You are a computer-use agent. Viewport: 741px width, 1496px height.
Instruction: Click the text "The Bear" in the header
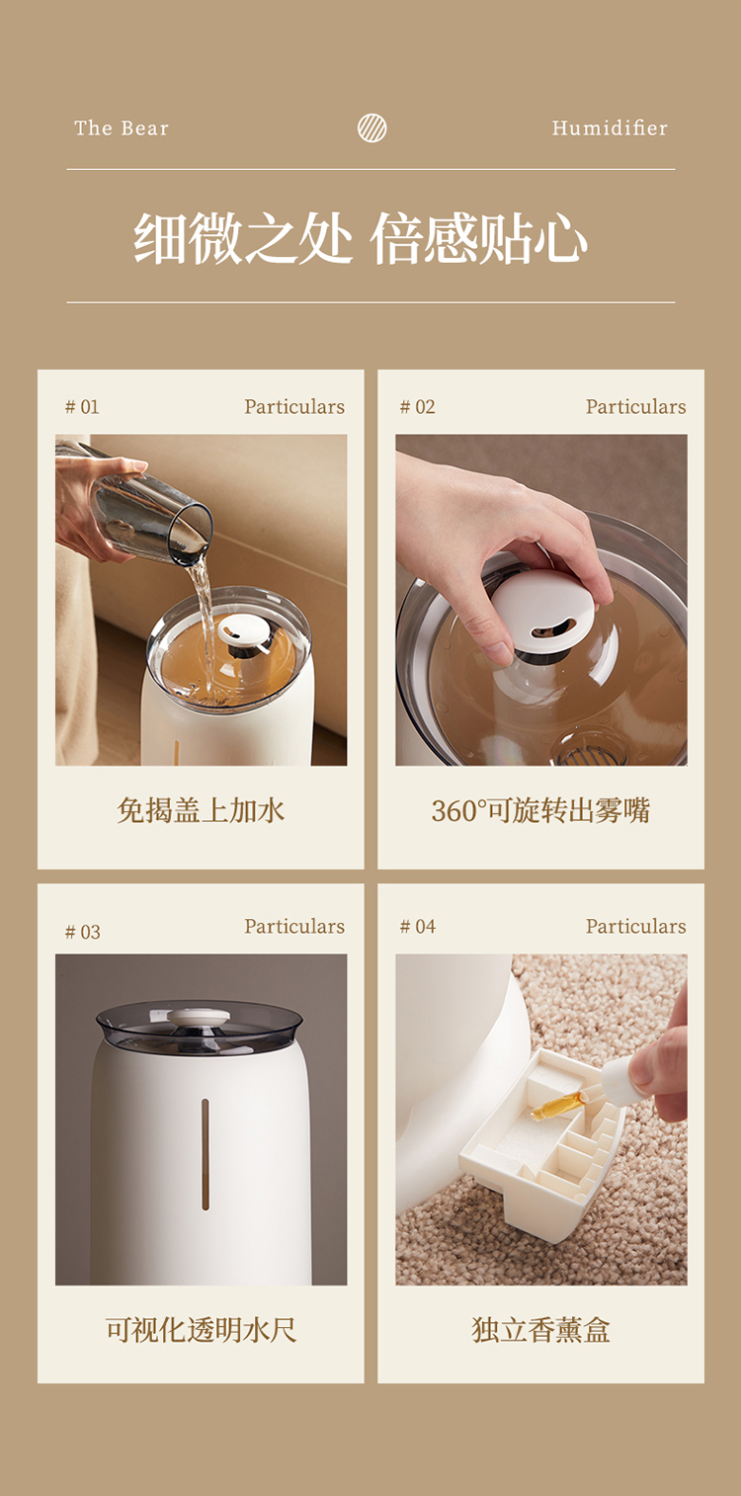coord(122,127)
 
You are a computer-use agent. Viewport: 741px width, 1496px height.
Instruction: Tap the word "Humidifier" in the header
coord(610,127)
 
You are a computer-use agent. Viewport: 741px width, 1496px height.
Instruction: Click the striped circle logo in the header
coord(371,127)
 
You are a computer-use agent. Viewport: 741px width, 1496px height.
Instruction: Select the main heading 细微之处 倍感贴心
coord(361,238)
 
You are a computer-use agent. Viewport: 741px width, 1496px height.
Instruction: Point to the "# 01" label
coord(82,407)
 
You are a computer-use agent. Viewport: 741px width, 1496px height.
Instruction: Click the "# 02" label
coord(417,407)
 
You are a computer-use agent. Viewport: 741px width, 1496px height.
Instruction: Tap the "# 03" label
coord(82,932)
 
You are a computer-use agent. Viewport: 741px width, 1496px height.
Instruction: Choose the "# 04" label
coord(417,926)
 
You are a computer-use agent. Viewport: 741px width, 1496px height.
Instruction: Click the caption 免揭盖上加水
coord(201,810)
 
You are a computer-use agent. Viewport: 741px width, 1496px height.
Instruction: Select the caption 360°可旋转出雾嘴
coord(540,810)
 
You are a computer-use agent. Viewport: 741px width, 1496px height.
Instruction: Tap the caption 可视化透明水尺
coord(201,1330)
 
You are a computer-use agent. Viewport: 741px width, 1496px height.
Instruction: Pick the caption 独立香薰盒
coord(540,1330)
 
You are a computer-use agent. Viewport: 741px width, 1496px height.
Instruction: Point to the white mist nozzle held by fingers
coord(542,611)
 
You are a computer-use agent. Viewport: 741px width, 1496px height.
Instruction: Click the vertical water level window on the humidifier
coord(205,1155)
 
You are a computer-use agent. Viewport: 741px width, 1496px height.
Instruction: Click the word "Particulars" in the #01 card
coord(294,407)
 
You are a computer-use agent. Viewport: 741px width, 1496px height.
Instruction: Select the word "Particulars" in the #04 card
coord(635,926)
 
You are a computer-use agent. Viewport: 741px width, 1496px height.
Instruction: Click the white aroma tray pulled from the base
coord(542,1138)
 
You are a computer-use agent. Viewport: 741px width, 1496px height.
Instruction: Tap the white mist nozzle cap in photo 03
coord(199,1017)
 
